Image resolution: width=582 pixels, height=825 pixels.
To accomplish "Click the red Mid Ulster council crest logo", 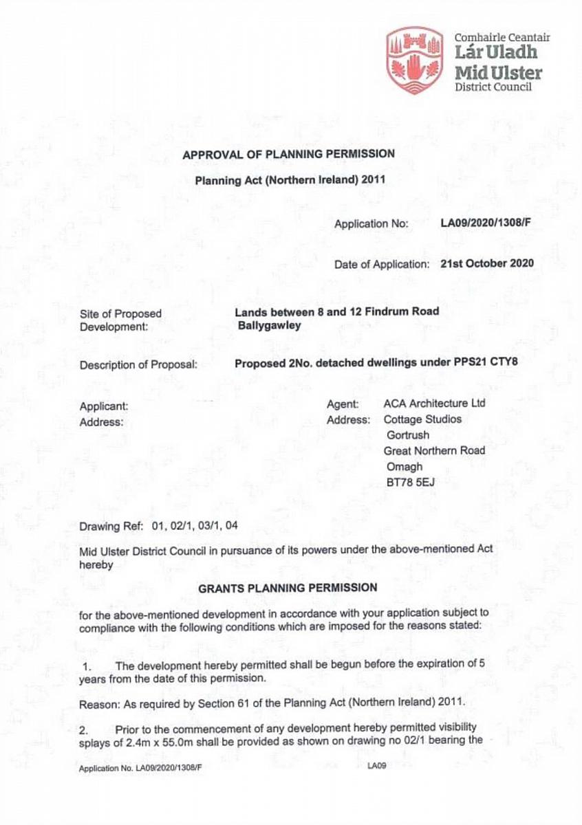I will [415, 60].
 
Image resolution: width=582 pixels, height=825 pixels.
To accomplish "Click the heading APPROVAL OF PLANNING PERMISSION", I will [289, 154].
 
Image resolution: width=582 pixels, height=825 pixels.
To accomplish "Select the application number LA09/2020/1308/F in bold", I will [489, 223].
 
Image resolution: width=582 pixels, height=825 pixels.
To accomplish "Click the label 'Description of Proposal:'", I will [138, 365].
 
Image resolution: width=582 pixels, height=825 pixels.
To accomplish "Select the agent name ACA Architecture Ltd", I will [434, 404].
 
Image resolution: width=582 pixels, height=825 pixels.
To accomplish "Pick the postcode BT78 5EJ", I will [411, 482].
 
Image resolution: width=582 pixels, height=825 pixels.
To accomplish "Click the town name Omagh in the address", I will [405, 467].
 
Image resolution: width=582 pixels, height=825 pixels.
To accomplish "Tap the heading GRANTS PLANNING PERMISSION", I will [288, 588].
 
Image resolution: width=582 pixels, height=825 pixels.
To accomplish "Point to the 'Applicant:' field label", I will [104, 406].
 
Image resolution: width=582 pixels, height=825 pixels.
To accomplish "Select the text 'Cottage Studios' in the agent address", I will [422, 419].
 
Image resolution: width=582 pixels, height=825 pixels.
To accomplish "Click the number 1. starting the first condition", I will [87, 666].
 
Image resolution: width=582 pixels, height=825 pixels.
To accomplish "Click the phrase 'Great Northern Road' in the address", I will [435, 450].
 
